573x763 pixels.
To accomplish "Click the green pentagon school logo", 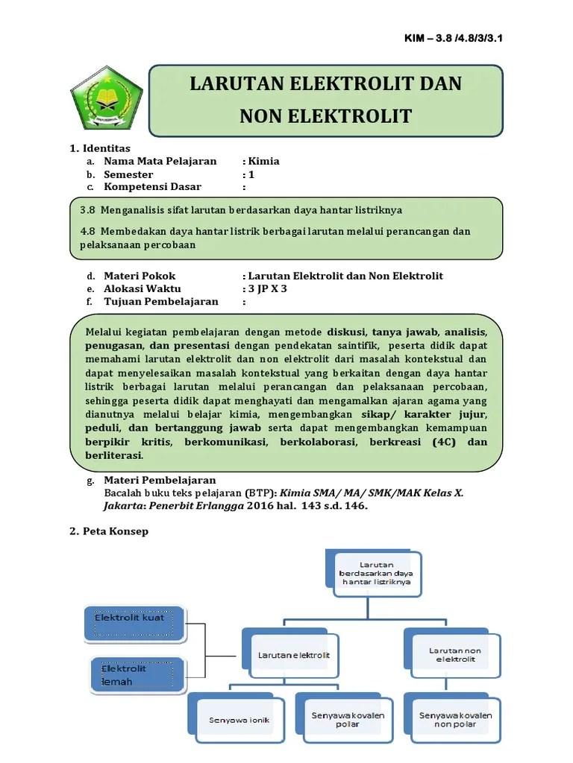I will click(106, 101).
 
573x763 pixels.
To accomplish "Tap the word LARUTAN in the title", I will click(234, 83).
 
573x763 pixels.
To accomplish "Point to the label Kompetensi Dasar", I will click(152, 187).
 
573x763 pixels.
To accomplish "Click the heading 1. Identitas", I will click(100, 148).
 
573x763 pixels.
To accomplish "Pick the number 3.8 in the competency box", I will click(89, 210).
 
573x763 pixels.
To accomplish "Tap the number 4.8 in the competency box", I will click(89, 231).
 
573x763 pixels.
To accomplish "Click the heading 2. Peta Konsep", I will click(109, 531).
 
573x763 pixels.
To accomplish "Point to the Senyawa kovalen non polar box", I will click(455, 720).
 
